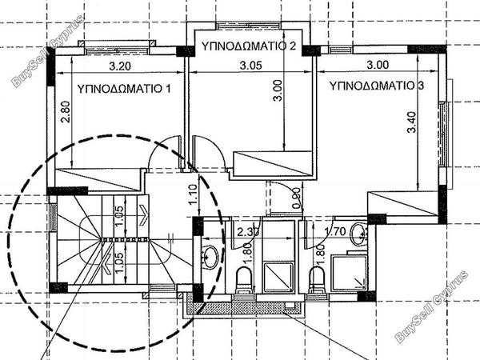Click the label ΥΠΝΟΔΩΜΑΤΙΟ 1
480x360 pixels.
[x=124, y=89]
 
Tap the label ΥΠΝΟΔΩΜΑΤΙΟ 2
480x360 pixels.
[x=249, y=46]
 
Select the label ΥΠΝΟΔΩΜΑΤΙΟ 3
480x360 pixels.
[x=377, y=86]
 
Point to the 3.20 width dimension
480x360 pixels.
[x=120, y=66]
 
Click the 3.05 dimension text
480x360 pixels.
[x=250, y=66]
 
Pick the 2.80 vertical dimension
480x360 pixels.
[x=66, y=112]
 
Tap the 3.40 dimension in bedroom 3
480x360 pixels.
[x=412, y=122]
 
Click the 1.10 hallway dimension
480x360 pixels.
[x=193, y=195]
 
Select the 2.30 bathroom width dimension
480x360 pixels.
[x=248, y=232]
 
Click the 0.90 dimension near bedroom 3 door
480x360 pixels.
[x=296, y=198]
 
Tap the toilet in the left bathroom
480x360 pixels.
[x=244, y=280]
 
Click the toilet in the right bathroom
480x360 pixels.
[x=317, y=280]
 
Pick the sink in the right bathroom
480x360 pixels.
[x=359, y=234]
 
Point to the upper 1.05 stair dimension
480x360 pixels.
[x=120, y=216]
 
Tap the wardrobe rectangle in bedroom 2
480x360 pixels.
[x=273, y=164]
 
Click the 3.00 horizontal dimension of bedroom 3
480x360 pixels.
[x=378, y=65]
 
